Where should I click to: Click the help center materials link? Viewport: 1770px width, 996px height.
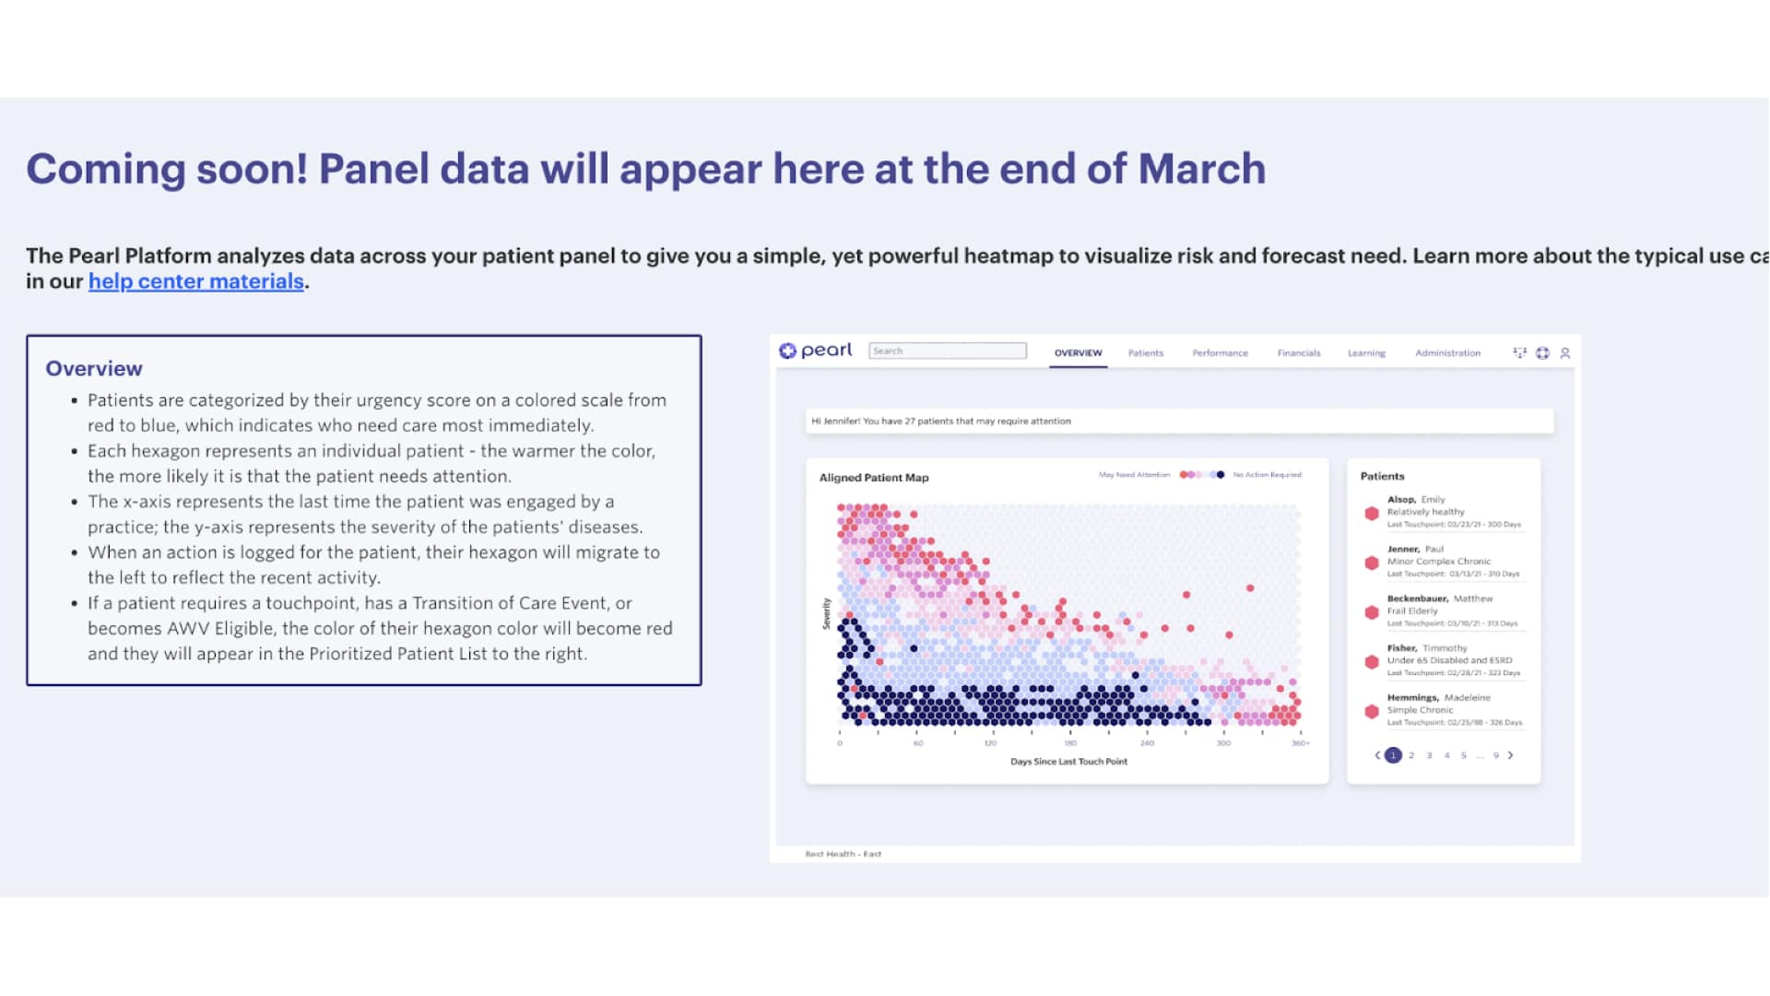point(195,281)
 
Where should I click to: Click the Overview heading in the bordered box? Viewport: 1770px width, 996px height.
point(94,368)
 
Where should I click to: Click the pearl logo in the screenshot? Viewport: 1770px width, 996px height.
point(815,350)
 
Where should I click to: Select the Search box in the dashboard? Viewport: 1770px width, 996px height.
point(947,350)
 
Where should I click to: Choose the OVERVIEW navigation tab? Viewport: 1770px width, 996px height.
point(1078,353)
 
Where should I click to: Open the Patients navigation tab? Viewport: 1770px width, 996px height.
point(1145,353)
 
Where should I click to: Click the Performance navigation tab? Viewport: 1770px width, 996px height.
point(1220,353)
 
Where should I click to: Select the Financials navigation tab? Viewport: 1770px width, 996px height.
point(1298,353)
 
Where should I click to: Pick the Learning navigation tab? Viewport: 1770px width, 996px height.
point(1366,353)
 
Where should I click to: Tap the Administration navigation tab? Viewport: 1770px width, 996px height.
point(1447,353)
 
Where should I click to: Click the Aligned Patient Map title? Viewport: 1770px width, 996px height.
point(873,478)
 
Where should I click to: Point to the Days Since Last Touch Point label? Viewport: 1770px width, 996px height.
point(1068,762)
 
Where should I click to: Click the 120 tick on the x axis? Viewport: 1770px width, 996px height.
point(990,743)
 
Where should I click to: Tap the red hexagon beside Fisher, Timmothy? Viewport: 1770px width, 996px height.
point(1371,661)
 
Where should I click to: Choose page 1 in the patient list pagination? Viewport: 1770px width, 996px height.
point(1393,755)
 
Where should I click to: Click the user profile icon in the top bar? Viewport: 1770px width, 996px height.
point(1564,353)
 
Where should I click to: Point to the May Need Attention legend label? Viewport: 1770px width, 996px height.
point(1134,475)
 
